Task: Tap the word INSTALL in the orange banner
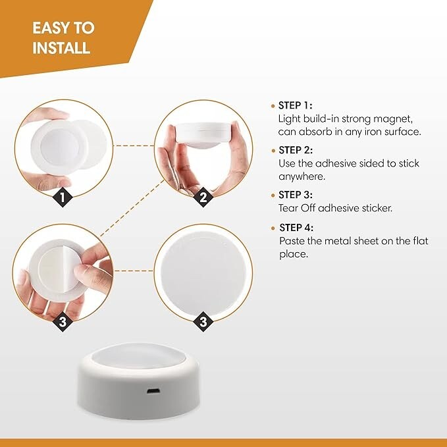[x=61, y=49]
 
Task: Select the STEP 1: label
[x=295, y=105]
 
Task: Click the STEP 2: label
[x=296, y=150]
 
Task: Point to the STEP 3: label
[x=296, y=195]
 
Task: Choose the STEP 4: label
[x=296, y=228]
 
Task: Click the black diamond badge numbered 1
[x=63, y=196]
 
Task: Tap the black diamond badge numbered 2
[x=203, y=196]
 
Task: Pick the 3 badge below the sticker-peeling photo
[x=63, y=322]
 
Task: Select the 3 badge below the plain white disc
[x=203, y=322]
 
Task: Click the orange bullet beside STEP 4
[x=273, y=228]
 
